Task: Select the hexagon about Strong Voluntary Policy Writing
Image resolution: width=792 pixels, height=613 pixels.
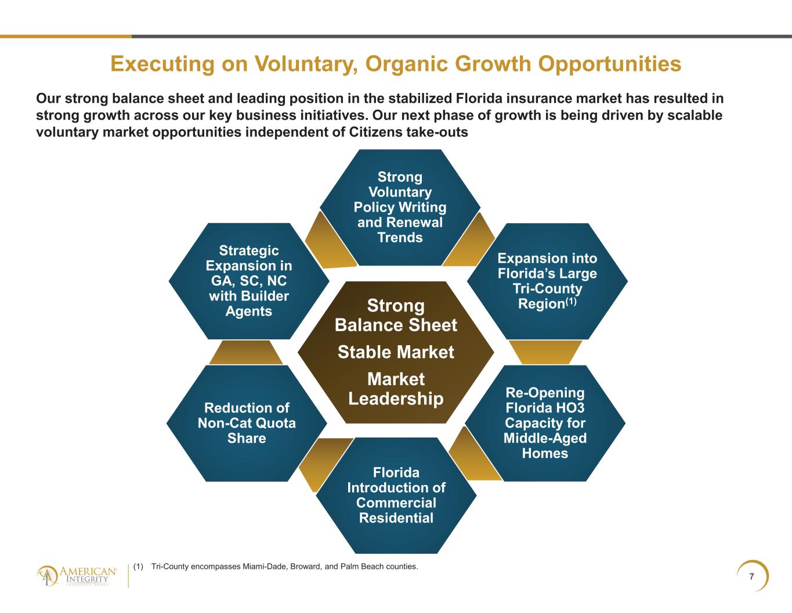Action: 400,207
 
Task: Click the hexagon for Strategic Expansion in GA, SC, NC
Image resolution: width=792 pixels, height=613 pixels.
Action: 249,281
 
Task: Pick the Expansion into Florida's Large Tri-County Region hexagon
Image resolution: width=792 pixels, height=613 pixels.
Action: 548,281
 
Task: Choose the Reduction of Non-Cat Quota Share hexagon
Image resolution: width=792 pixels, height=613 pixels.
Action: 247,423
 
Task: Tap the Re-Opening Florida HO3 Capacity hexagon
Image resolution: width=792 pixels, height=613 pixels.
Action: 545,423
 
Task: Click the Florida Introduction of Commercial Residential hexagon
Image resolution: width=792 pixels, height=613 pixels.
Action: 396,496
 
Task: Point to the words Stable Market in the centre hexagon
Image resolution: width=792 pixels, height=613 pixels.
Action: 396,352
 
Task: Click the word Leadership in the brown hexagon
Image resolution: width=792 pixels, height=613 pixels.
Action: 396,399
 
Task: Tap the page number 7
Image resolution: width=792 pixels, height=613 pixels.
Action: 751,576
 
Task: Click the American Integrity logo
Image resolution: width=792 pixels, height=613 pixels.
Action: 77,576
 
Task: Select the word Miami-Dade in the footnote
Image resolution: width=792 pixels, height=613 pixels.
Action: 262,567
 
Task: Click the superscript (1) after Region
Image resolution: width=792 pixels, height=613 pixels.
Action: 571,302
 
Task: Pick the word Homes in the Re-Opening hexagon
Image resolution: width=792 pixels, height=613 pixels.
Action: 545,454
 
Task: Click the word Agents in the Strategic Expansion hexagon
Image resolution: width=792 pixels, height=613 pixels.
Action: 248,311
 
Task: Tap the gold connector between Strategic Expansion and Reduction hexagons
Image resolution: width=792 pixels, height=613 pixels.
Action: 246,353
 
